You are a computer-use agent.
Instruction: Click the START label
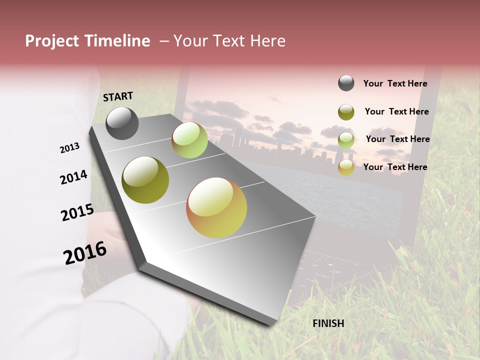118,96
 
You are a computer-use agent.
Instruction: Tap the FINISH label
328,323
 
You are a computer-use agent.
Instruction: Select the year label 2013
69,148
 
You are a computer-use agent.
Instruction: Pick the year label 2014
73,177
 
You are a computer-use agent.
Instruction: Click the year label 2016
85,253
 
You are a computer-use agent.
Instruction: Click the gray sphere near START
122,123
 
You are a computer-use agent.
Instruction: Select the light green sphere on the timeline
189,140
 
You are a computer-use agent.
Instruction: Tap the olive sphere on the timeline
145,180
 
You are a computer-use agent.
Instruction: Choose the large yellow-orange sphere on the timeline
216,207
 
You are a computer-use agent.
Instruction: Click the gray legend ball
346,83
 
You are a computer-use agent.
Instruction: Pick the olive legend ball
346,112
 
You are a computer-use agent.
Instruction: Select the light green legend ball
346,140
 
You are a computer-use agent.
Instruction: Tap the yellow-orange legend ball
346,167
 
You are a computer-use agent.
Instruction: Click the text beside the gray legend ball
395,83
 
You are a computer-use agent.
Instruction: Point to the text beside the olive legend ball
396,111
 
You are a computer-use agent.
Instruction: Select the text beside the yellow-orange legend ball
395,167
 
